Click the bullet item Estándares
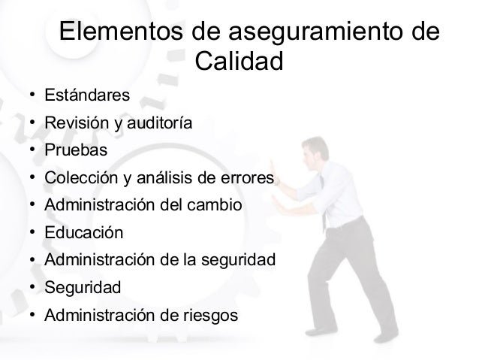[87, 95]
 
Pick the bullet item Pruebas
[76, 150]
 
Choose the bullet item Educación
[83, 232]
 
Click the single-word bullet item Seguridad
[82, 287]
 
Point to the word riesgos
[212, 315]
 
